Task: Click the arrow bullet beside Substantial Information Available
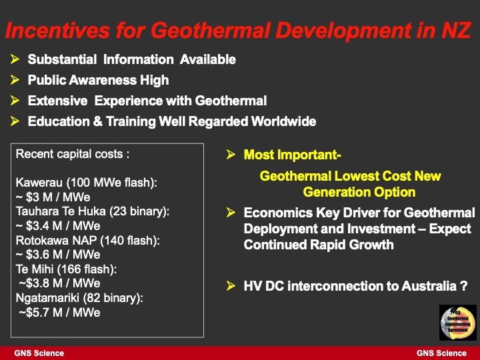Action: click(15, 59)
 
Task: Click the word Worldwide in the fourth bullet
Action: click(283, 121)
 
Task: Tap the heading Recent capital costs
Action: click(72, 154)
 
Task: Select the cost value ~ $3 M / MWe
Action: click(53, 197)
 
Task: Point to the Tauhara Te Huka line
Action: click(92, 211)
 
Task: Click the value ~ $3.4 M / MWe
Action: click(57, 225)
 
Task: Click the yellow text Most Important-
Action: click(292, 155)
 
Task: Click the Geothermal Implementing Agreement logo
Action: click(457, 323)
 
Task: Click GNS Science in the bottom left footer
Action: click(39, 353)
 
